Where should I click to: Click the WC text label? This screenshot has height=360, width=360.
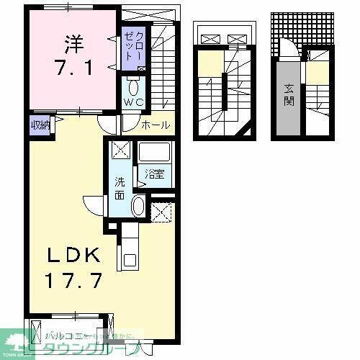(x=135, y=103)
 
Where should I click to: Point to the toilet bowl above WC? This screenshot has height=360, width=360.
(x=134, y=88)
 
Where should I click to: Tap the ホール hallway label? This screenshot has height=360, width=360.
(x=156, y=125)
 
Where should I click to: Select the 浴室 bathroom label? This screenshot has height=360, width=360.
(x=153, y=174)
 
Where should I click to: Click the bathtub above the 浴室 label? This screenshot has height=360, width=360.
(x=153, y=153)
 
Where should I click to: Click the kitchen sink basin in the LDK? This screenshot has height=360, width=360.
(x=130, y=258)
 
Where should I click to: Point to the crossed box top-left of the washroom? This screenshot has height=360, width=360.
(x=120, y=151)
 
